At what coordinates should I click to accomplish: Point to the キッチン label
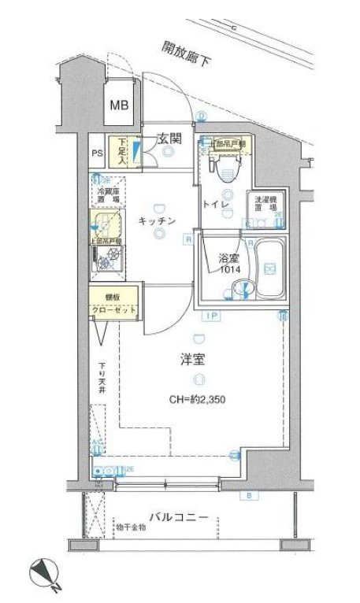(x=158, y=221)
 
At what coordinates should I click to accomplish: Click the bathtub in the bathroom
(x=268, y=268)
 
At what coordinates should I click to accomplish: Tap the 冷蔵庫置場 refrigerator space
(x=108, y=196)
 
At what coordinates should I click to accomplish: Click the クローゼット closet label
(x=115, y=309)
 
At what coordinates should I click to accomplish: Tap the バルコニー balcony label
(x=180, y=518)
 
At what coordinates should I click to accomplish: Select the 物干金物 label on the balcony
(x=130, y=527)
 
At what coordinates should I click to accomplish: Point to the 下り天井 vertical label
(x=102, y=375)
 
